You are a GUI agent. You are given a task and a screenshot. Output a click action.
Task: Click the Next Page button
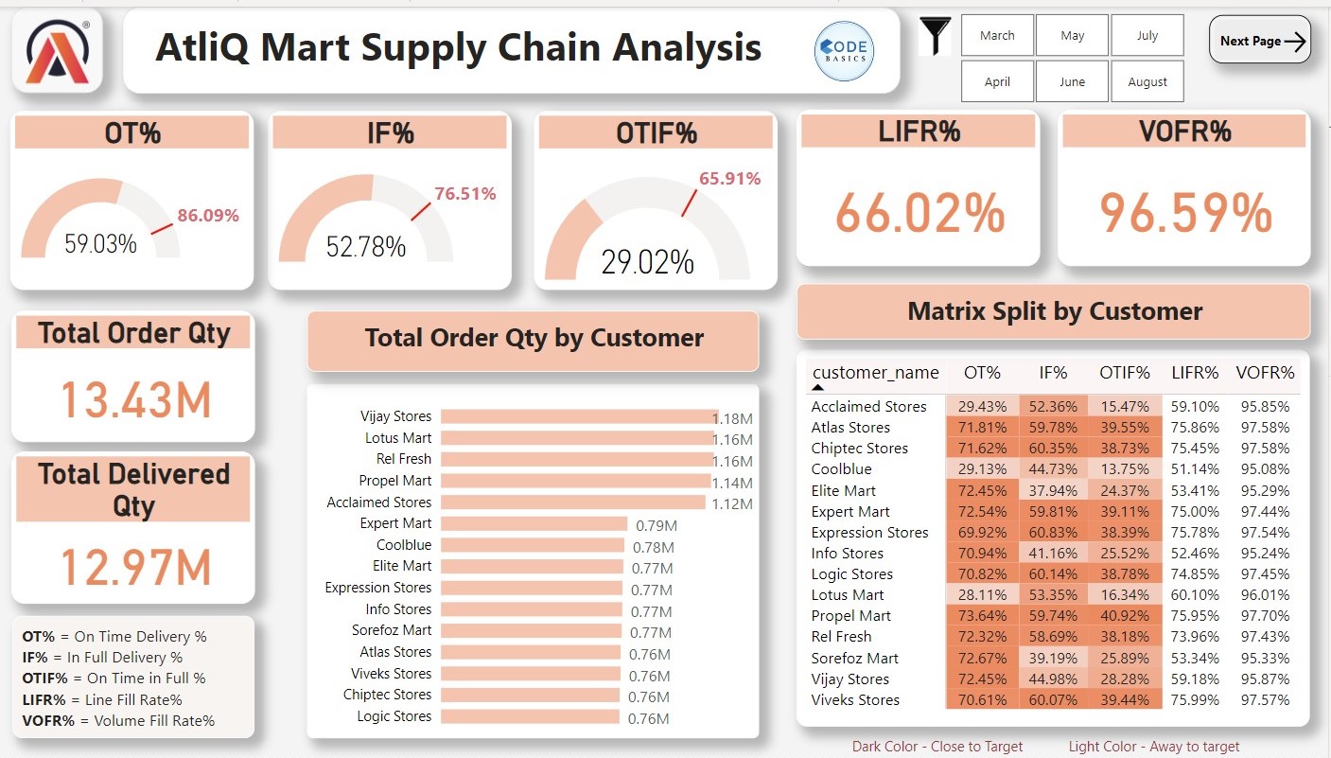[x=1259, y=41]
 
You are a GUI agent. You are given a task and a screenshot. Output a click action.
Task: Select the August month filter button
[x=1147, y=82]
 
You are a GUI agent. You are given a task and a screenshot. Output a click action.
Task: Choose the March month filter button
[x=997, y=36]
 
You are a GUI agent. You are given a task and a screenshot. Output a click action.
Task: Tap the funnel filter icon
[x=936, y=37]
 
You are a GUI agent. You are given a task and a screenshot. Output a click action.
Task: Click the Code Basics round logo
[x=844, y=51]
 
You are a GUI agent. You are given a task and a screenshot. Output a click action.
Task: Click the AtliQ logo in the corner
[x=58, y=52]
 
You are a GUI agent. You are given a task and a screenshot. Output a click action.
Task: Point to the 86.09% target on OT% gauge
[x=208, y=216]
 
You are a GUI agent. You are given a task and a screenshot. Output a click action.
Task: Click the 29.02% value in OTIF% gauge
[x=647, y=261]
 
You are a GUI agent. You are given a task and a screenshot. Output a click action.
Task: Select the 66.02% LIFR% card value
[x=919, y=213]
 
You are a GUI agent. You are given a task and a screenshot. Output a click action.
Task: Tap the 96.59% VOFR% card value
[x=1184, y=213]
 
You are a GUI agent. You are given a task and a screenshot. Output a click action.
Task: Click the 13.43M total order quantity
[x=135, y=400]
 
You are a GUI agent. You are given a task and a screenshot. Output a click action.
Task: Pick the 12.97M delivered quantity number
[x=135, y=567]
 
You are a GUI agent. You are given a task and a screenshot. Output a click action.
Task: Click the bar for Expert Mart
[x=534, y=524]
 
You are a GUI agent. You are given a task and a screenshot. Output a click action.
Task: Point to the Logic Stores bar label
[x=394, y=716]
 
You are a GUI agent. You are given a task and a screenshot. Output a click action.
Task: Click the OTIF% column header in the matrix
[x=1124, y=373]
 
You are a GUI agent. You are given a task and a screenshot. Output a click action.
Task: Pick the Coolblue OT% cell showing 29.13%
[x=981, y=469]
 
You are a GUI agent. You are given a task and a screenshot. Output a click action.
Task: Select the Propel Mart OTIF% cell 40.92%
[x=1124, y=616]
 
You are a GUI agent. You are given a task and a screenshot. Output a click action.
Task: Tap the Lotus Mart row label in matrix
[x=848, y=595]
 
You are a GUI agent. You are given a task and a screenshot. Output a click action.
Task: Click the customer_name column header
[x=875, y=373]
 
